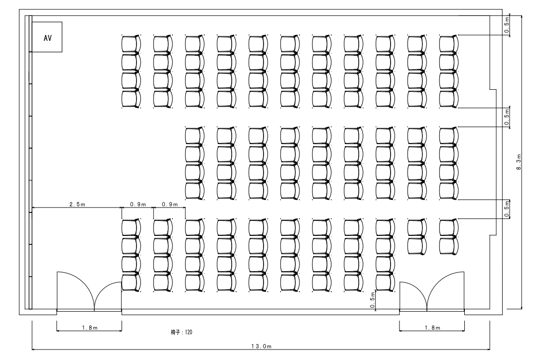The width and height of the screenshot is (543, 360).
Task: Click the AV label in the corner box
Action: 48,38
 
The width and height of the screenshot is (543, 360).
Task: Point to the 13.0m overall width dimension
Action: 262,346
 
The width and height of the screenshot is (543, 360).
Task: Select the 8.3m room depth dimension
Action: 519,162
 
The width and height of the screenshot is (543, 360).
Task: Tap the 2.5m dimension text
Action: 77,204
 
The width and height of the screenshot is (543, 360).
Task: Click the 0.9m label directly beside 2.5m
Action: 138,204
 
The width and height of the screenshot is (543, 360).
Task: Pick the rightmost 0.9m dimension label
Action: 170,204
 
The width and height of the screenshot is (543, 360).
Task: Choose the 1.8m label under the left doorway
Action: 90,328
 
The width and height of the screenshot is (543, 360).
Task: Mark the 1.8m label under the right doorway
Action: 432,328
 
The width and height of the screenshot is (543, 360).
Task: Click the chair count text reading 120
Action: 188,332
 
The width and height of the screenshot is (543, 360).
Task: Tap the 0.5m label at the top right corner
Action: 507,25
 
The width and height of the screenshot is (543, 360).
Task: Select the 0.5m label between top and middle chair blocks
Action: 507,117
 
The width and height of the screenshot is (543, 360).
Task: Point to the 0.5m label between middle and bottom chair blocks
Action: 507,209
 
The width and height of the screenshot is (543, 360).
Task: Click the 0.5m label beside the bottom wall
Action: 372,300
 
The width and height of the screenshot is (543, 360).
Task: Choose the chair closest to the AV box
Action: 131,44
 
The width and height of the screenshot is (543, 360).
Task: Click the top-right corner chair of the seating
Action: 449,44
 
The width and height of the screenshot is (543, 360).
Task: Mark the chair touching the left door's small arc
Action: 131,283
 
